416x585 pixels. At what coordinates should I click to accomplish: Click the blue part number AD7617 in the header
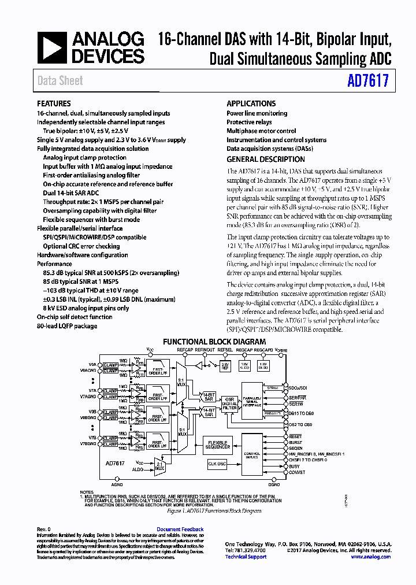[368, 82]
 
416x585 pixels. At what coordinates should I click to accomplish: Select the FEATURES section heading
[54, 104]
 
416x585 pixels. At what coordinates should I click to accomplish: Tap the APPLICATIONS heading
[251, 104]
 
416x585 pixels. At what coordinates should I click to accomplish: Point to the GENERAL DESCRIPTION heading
[266, 160]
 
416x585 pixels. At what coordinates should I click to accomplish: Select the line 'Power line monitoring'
[257, 113]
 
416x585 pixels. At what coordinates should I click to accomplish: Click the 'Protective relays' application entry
[249, 122]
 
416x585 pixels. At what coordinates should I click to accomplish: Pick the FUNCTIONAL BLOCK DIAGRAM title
[214, 342]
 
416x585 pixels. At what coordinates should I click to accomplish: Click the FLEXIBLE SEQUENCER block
[218, 445]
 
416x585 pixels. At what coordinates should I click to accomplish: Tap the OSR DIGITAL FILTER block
[230, 403]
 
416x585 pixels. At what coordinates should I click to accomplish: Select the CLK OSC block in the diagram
[217, 464]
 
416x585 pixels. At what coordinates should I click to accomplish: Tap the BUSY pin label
[295, 466]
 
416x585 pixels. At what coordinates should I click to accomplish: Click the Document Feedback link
[180, 530]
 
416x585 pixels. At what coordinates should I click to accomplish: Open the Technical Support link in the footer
[246, 557]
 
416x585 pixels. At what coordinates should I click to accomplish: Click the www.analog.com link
[370, 557]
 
